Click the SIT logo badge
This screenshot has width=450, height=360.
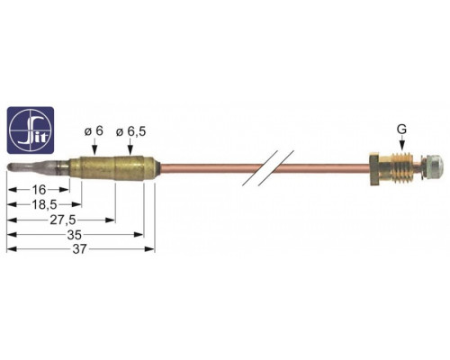[x=31, y=130]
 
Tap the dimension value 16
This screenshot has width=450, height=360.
[x=39, y=190]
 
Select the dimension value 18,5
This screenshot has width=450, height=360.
[x=44, y=204]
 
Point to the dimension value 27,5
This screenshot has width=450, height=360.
[x=63, y=220]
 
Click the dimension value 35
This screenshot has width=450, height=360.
[x=74, y=235]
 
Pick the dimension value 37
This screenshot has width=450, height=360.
[x=79, y=249]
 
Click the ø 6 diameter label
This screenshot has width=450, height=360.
[x=94, y=131]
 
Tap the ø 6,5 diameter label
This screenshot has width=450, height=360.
[x=131, y=131]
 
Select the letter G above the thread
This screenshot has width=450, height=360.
[x=401, y=130]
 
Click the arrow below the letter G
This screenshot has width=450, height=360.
[x=401, y=143]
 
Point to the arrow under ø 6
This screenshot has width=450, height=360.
[x=94, y=148]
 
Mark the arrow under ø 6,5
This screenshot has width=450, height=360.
[x=130, y=148]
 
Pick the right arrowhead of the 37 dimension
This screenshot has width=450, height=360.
[x=150, y=249]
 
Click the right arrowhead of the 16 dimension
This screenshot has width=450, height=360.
[x=65, y=190]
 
